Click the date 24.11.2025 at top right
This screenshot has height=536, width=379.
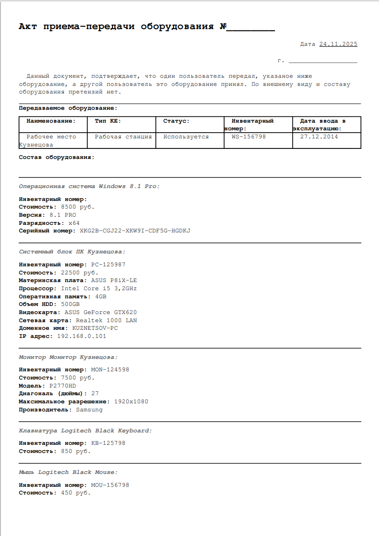click(338, 44)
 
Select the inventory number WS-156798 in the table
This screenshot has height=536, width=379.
click(248, 137)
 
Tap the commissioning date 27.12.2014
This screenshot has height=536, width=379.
click(319, 137)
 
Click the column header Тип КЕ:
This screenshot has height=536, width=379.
click(108, 121)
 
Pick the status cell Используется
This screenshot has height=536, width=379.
click(186, 137)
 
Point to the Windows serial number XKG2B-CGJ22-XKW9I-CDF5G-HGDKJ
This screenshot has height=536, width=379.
click(135, 231)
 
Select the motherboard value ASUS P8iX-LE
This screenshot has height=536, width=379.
click(114, 281)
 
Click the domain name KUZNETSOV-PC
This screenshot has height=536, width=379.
click(95, 328)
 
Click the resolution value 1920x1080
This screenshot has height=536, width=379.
click(131, 402)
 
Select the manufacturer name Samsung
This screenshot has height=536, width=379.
click(89, 410)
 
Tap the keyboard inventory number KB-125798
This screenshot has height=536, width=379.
click(108, 443)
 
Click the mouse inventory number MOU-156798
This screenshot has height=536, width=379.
click(110, 485)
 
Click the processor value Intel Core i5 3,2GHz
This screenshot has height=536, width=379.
click(99, 289)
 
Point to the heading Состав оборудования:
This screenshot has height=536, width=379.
click(57, 157)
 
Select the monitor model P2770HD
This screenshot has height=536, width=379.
click(62, 386)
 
